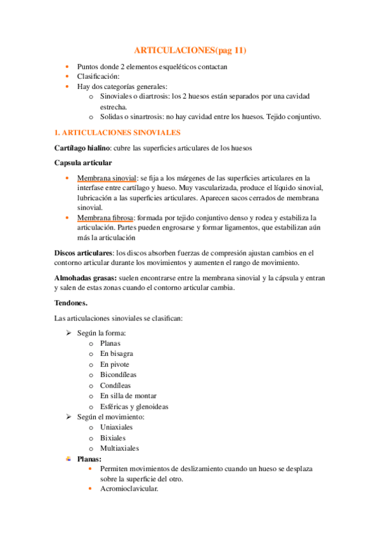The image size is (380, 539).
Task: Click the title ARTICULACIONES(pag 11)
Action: (x=190, y=50)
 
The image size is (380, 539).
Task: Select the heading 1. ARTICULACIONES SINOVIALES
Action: (x=117, y=132)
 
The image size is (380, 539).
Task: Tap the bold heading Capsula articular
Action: (x=83, y=163)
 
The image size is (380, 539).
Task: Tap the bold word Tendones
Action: (x=71, y=303)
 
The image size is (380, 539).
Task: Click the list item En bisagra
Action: (x=116, y=353)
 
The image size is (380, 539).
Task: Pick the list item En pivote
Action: (x=114, y=364)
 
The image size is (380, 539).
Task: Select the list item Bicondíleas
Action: (x=117, y=374)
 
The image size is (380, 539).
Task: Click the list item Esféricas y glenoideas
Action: (x=133, y=406)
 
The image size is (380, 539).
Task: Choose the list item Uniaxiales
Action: (x=116, y=427)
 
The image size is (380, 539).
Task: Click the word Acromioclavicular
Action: (x=129, y=489)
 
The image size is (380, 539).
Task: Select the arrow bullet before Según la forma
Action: (x=69, y=332)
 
